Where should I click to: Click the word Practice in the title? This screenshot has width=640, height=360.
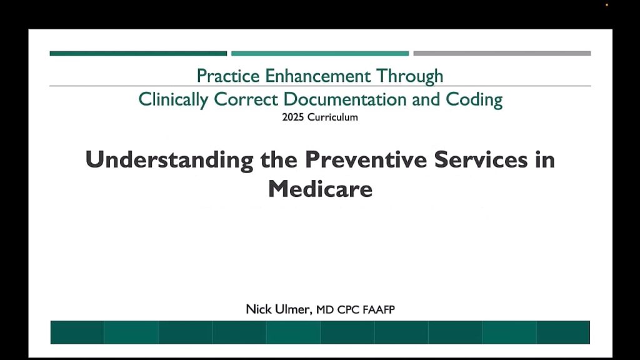[x=228, y=76]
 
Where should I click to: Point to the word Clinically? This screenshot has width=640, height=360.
[x=174, y=100]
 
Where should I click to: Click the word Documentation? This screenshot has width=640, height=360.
[x=345, y=99]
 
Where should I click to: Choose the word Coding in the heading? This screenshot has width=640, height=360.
[x=474, y=100]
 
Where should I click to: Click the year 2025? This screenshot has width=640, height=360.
[x=293, y=117]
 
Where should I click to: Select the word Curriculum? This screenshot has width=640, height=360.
[x=332, y=117]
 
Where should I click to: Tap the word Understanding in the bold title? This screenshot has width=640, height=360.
[x=169, y=159]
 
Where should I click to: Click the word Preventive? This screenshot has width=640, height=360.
[x=366, y=159]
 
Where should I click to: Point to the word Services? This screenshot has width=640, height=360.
[x=481, y=159]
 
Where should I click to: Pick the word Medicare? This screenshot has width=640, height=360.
[x=321, y=189]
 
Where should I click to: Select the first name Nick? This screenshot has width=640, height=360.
[x=259, y=309]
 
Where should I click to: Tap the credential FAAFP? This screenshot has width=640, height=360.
[x=379, y=310]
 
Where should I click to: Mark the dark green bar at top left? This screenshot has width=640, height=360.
[x=138, y=54]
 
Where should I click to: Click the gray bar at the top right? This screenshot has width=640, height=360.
[x=502, y=54]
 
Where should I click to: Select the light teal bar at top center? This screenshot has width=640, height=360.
[x=320, y=54]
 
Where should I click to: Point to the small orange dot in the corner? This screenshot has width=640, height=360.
[x=607, y=5]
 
